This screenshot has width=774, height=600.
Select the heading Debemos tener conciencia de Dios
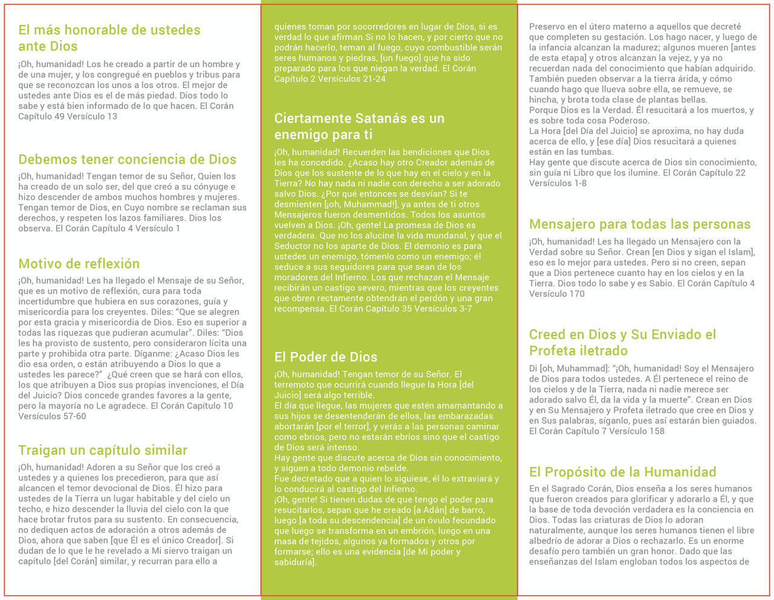click(x=127, y=159)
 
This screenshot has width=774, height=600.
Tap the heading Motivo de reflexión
click(x=79, y=263)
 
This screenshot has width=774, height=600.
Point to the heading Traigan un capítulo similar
click(x=103, y=450)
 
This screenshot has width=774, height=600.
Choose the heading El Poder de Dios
click(x=325, y=357)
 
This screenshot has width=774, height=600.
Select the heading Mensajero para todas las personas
click(x=640, y=224)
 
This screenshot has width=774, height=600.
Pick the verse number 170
click(x=576, y=294)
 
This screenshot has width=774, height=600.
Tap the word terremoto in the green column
click(x=295, y=385)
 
